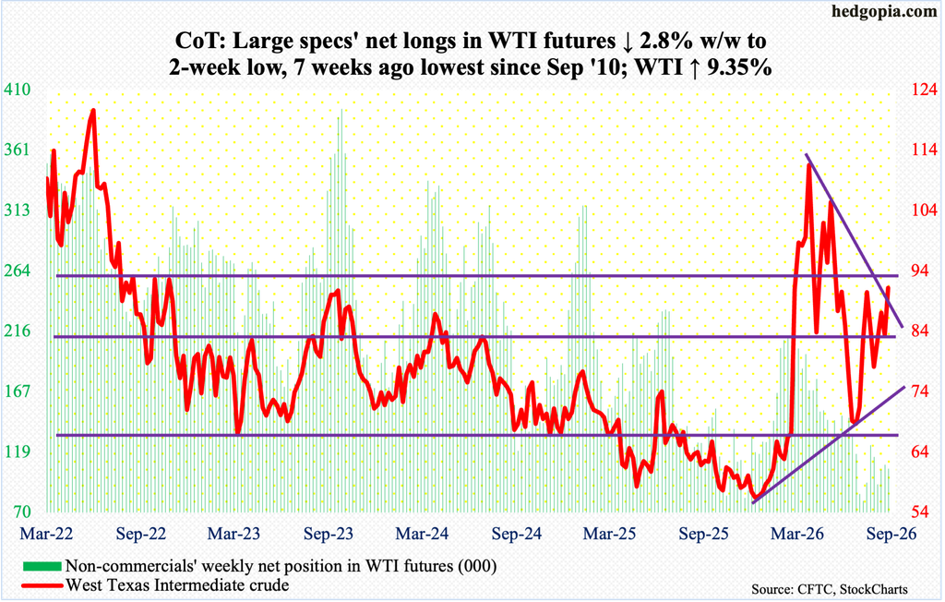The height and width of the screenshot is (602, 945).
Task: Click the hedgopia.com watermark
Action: tap(884, 12)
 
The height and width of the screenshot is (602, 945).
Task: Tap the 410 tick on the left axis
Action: tap(17, 90)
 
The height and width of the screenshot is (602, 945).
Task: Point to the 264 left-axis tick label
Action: tap(17, 271)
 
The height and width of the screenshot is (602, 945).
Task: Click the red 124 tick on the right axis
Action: tap(924, 90)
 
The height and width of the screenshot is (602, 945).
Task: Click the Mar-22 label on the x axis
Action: tap(46, 534)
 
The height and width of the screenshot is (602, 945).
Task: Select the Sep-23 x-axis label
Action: tap(329, 534)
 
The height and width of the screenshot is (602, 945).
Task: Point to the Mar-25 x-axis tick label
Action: tap(610, 534)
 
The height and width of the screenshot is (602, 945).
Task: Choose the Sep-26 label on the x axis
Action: tap(891, 534)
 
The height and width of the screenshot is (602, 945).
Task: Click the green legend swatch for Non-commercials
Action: tap(42, 566)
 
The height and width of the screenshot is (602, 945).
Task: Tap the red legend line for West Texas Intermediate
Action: tap(42, 585)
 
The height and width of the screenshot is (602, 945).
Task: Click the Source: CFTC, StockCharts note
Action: tap(830, 589)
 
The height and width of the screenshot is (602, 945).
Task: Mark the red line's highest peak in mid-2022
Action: tap(93, 111)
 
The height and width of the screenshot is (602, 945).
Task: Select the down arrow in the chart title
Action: tap(625, 41)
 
